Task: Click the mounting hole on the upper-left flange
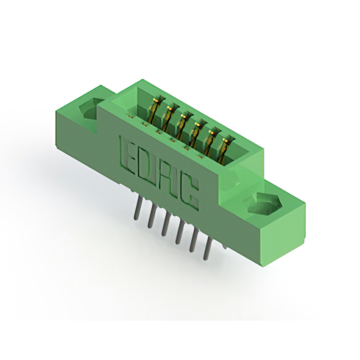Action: [x=91, y=109]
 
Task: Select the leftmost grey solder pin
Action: [x=136, y=208]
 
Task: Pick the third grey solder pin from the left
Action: [x=164, y=224]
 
